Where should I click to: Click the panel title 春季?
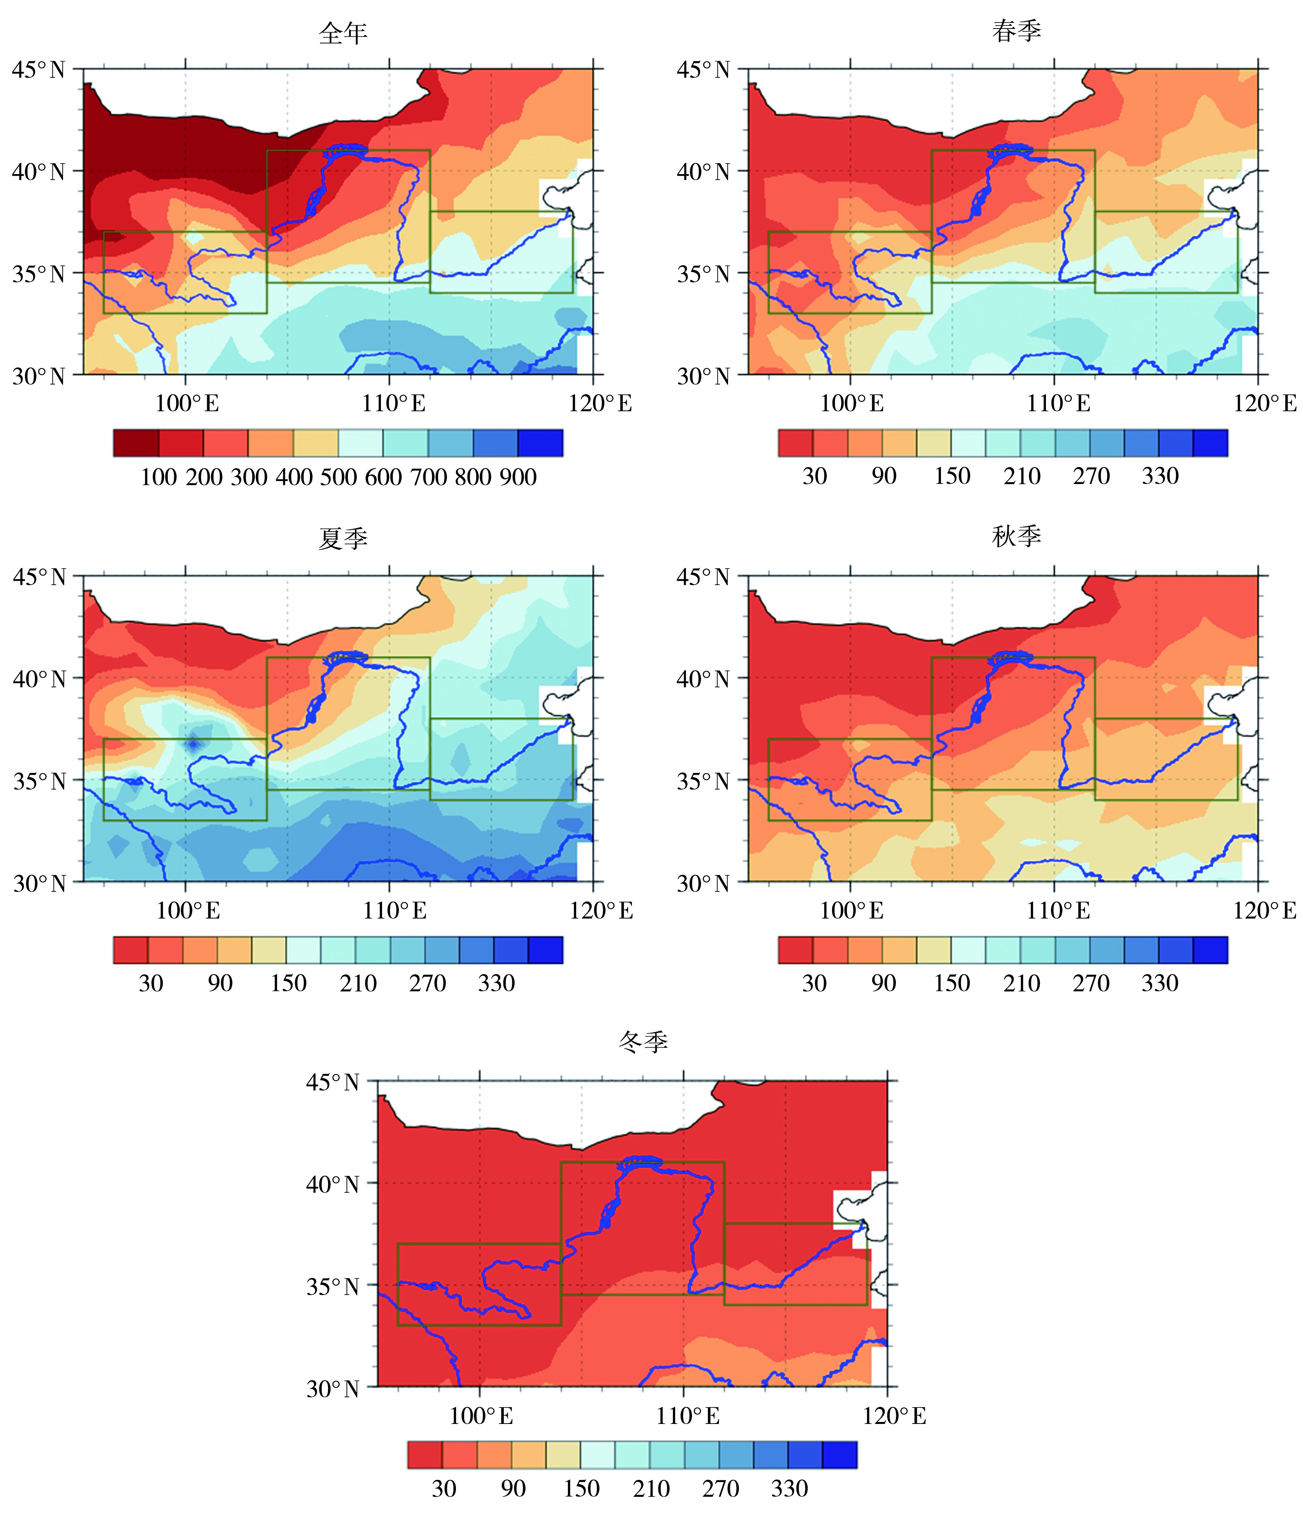pos(1016,31)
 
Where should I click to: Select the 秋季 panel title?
pos(1016,537)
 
